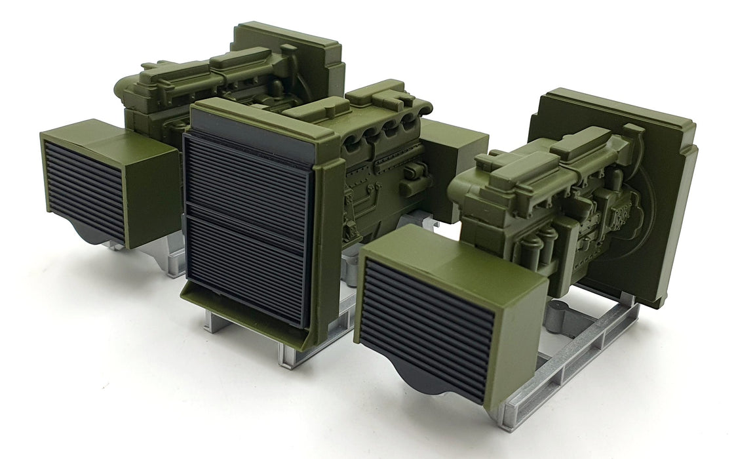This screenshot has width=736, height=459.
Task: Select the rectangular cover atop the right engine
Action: [577, 141]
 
